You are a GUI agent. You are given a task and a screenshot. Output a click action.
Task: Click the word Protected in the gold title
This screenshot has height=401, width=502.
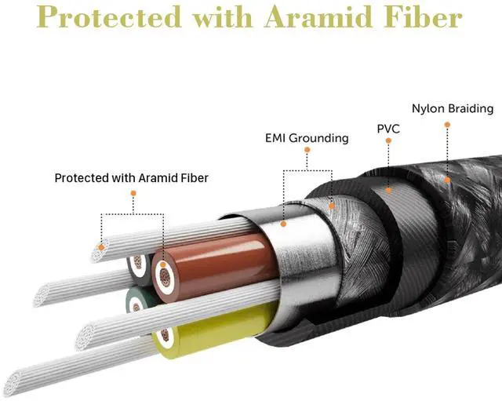[107, 17]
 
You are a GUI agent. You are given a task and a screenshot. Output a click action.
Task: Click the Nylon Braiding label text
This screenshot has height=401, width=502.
[453, 109]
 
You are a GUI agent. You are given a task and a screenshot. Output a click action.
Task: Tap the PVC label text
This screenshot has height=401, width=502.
[388, 128]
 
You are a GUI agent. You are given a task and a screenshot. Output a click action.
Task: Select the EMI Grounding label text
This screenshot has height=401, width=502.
[307, 138]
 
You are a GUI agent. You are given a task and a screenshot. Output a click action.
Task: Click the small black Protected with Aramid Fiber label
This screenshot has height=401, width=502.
[131, 178]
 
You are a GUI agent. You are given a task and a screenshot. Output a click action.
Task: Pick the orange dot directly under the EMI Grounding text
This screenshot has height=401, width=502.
[308, 149]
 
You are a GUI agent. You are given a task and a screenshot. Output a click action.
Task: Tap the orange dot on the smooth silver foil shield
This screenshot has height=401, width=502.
[284, 224]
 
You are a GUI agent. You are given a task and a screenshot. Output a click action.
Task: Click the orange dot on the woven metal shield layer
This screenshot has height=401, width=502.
[333, 206]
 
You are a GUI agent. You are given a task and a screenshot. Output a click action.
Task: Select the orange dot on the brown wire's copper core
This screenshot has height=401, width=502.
[162, 264]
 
